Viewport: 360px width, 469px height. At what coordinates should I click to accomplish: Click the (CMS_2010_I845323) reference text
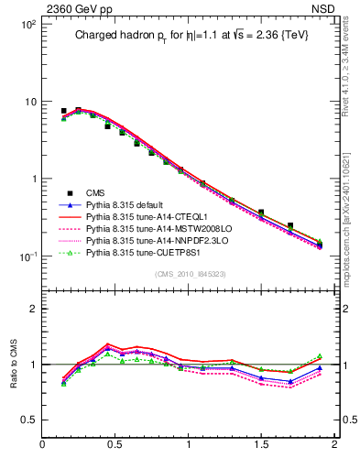tap(187, 272)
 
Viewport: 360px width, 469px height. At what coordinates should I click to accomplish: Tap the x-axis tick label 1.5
tap(262, 446)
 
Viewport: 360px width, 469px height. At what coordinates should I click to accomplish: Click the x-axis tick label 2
tap(335, 446)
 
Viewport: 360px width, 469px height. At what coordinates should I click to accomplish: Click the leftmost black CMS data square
tap(63, 111)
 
